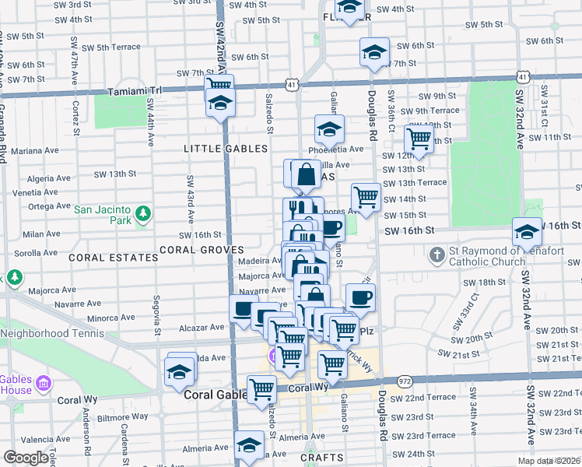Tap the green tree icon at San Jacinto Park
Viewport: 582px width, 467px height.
142,212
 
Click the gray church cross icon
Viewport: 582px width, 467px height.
437,254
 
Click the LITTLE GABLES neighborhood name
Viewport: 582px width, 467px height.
226,149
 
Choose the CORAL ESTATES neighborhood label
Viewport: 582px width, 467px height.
107,256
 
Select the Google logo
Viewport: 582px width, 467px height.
26,458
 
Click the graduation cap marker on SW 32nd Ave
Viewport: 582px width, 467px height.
527,232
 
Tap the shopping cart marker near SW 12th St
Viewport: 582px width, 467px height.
419,139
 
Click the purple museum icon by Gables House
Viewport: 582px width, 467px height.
44,383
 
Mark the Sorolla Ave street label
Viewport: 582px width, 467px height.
31,253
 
